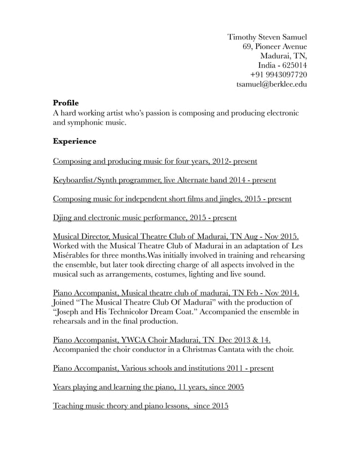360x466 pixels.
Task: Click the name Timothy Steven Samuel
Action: (267, 37)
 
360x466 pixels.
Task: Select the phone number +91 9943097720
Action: (278, 74)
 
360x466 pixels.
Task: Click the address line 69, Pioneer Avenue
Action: (274, 46)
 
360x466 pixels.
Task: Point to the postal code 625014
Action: (293, 65)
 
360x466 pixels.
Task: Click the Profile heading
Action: (65, 103)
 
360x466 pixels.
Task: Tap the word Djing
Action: (63, 217)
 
